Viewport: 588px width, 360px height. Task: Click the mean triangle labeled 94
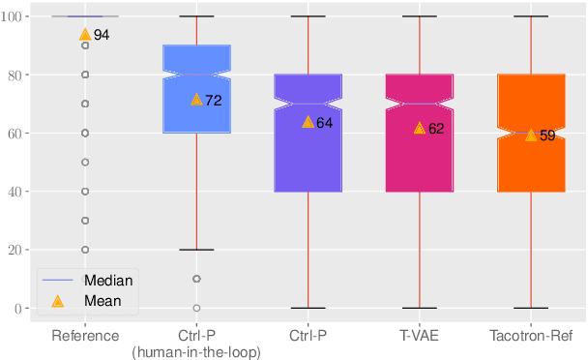(85, 34)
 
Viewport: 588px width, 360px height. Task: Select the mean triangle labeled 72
(196, 99)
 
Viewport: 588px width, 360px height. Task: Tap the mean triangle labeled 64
(308, 122)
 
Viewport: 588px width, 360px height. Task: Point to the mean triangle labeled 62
(420, 128)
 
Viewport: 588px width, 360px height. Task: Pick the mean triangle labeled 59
(531, 135)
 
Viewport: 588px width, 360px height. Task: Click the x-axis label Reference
(85, 336)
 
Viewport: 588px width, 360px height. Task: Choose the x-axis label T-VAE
(420, 336)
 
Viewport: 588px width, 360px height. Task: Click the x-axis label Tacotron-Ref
(531, 336)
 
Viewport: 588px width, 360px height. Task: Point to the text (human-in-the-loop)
(196, 352)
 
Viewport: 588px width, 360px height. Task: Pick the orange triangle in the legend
(57, 300)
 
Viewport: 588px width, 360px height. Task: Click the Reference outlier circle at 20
(85, 250)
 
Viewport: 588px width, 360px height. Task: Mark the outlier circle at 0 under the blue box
(196, 308)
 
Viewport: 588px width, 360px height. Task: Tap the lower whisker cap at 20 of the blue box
(196, 250)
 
